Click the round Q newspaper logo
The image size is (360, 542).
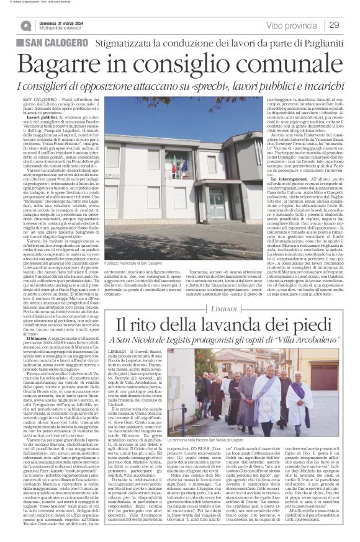click(26, 25)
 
